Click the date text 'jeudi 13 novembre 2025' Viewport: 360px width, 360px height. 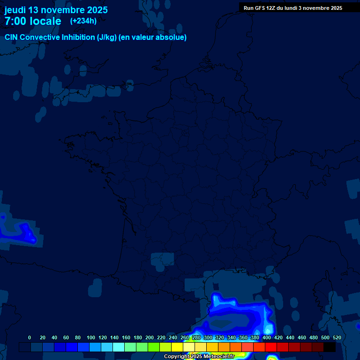56,10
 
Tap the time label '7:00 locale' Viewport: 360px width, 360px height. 33,21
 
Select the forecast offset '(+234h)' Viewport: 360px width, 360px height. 83,21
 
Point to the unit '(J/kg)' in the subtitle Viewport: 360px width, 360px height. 107,37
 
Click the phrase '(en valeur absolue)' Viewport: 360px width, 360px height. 153,37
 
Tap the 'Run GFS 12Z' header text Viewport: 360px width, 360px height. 262,8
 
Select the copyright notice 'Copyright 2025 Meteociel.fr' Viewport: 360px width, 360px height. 199,356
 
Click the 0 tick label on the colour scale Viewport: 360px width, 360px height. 30,337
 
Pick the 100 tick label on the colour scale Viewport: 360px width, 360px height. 91,337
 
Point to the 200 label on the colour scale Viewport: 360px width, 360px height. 150,337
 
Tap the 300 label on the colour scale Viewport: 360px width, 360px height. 208,337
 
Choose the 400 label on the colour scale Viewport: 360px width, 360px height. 267,337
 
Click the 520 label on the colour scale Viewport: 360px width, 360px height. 337,337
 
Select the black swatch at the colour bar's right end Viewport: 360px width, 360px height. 330,347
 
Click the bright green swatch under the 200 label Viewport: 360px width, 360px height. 154,347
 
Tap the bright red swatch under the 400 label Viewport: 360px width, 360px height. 271,347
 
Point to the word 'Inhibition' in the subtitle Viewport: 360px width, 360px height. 78,37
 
